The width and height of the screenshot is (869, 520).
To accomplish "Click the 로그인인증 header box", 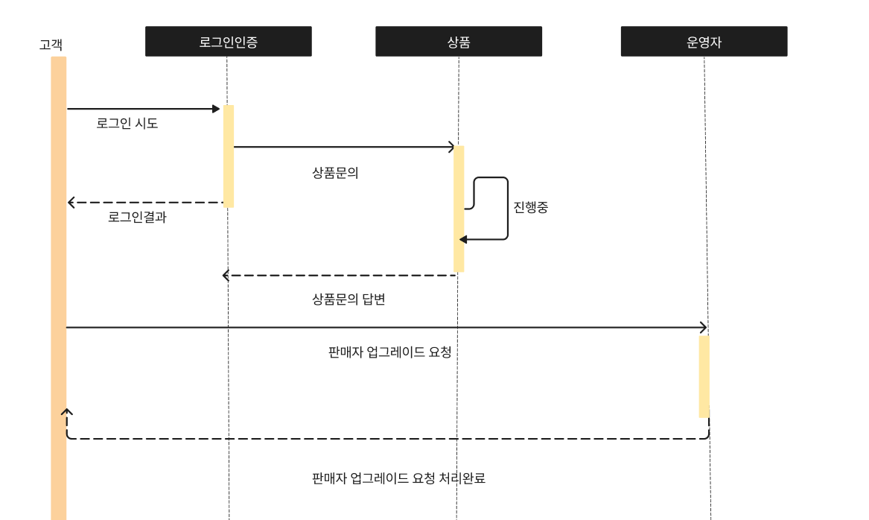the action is pos(229,41).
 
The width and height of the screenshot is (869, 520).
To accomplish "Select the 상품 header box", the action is pos(459,41).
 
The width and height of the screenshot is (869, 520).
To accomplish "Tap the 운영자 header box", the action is pos(704,41).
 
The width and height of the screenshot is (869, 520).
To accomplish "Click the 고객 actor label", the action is pos(51,45).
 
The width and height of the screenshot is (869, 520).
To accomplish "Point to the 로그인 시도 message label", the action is pos(127,123).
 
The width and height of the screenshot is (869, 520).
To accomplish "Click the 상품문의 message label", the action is pos(335,173).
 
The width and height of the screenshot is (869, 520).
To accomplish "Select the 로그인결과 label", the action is pos(137,217).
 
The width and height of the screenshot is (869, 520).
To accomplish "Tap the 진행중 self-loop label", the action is pos(530,207).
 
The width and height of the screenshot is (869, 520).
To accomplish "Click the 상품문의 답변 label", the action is pos(348,299).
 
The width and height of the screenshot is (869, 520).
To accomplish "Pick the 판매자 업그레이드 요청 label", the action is pos(389,352).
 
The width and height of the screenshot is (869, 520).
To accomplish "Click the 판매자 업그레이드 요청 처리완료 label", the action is pos(398,478).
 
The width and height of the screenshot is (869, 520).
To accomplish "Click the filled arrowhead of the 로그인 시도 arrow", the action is pos(216,109).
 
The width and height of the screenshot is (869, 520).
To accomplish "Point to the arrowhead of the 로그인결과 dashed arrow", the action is pos(71,203).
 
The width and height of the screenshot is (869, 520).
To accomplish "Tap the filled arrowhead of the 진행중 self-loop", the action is pos(463,239).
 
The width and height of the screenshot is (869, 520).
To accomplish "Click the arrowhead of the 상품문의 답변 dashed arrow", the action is pos(226,275).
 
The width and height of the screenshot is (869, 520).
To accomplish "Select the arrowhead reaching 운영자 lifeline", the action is pos(704,327).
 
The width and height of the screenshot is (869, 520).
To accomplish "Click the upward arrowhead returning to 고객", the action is pos(66,412).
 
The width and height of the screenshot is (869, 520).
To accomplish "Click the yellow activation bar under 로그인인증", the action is pos(229,156).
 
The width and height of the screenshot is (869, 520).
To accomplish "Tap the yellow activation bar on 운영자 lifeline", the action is pos(704,376).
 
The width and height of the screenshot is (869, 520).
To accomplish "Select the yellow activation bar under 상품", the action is pos(459,209).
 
